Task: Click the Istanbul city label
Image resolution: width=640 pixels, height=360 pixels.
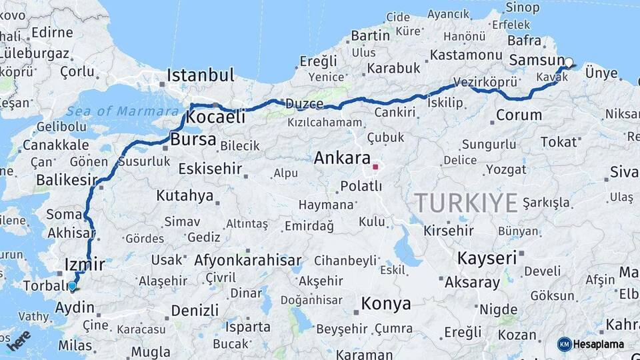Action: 200,75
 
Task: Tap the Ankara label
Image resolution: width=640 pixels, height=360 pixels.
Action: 341,158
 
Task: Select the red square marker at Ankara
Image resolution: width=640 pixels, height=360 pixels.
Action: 375,167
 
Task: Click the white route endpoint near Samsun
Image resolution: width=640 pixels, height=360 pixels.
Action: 569,63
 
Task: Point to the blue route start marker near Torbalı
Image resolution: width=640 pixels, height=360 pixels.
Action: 72,286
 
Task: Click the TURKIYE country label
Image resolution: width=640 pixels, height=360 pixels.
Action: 466,202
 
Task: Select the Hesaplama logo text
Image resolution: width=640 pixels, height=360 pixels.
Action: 599,345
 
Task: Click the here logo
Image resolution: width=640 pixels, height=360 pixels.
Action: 18,340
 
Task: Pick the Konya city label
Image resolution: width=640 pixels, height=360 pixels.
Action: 385,304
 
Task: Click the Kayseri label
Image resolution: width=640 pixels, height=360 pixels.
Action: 487,258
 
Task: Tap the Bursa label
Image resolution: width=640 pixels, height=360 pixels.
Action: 193,140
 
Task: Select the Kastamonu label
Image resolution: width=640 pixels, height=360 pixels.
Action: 465,55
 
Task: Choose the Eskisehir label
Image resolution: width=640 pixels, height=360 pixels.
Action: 210,169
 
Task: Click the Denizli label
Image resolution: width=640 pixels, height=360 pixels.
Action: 195,310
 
